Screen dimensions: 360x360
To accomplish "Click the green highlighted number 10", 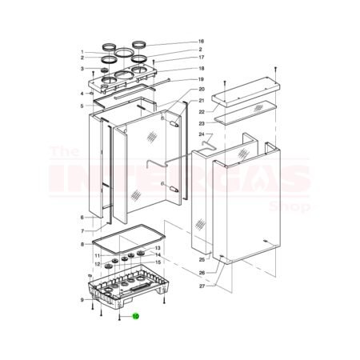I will click(136, 317).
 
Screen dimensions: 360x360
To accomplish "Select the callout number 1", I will click(82, 52).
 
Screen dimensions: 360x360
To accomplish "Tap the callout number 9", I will click(82, 300).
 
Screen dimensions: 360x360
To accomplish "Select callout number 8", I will click(82, 244).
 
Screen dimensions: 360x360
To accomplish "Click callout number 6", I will click(82, 217).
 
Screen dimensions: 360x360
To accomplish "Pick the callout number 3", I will click(82, 69).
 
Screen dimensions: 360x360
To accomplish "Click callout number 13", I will click(158, 248).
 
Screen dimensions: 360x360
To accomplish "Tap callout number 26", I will click(203, 273).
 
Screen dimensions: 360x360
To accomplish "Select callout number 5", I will click(82, 106).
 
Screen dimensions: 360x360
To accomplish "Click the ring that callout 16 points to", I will click(140, 43).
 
